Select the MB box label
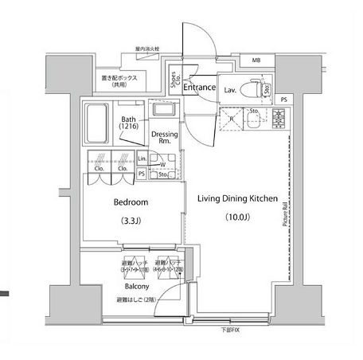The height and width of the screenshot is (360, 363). [256, 61]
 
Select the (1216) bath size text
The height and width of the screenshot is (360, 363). [129, 126]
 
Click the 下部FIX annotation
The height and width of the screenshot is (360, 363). [230, 330]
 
